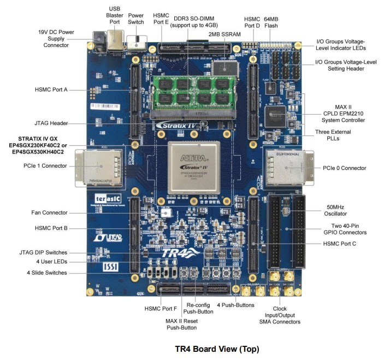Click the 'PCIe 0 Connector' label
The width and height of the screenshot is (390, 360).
345,168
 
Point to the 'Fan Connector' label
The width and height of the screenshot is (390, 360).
50,213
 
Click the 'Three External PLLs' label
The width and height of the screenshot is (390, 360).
333,135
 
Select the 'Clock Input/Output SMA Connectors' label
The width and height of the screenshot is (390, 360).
280,315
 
